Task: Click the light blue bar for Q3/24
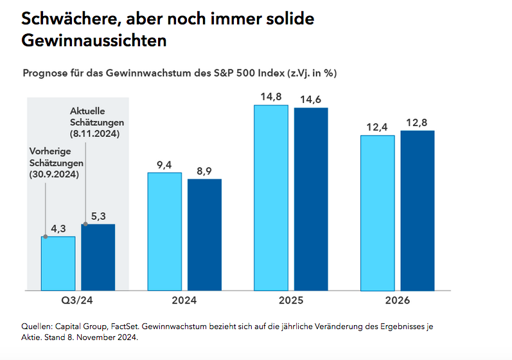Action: [58, 263]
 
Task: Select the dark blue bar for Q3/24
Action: [98, 256]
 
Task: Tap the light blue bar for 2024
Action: [164, 231]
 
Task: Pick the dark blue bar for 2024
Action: [204, 234]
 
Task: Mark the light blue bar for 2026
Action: [378, 212]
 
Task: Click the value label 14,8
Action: [271, 97]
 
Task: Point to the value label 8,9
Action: [204, 171]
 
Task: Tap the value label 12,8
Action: [418, 123]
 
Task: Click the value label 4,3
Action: [58, 228]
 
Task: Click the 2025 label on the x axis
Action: [291, 301]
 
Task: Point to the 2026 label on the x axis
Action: [398, 301]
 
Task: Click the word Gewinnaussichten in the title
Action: [94, 40]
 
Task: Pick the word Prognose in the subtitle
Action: [46, 73]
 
